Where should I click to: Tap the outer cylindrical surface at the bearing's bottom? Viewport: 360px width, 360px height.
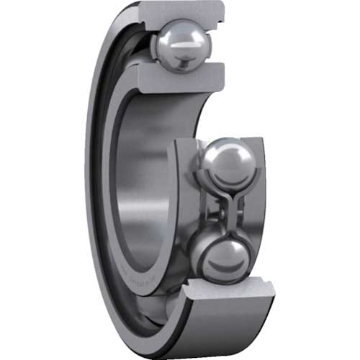216,331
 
